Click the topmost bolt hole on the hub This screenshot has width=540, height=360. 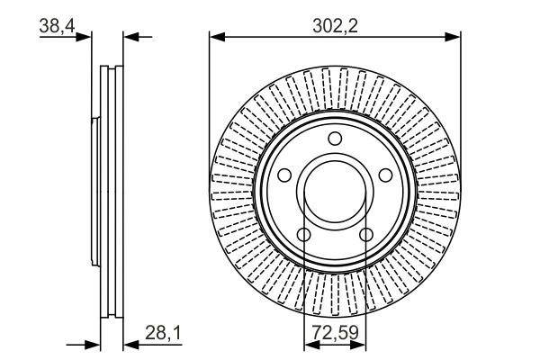[335, 138]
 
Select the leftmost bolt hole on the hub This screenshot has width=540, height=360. [283, 175]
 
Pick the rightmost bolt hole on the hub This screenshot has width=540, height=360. [386, 175]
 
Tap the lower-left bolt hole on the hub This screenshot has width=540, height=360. [303, 235]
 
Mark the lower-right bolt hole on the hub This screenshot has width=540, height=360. [366, 235]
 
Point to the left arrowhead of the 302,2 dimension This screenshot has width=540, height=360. [215, 37]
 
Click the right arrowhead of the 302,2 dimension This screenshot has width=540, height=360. [454, 37]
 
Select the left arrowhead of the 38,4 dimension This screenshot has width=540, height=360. [86, 37]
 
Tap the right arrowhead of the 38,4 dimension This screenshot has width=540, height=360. [129, 37]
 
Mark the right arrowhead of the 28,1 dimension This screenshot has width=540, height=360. [127, 344]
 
